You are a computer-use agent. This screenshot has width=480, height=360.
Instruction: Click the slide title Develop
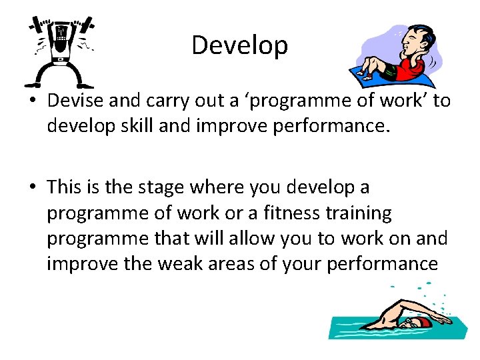[x=239, y=45]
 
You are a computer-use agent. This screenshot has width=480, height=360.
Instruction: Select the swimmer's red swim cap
[x=425, y=323]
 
